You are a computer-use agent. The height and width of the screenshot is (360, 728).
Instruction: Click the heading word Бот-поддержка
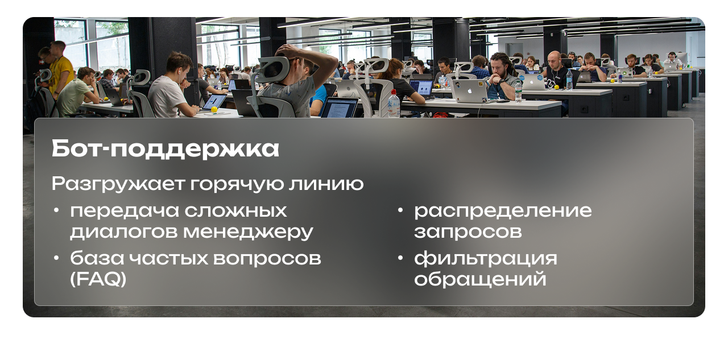coord(165,149)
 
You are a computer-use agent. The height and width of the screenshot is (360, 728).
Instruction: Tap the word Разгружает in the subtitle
coord(118,184)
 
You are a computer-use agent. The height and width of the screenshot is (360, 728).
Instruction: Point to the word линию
coord(326,184)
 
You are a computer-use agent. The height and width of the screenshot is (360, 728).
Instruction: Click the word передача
coord(125,212)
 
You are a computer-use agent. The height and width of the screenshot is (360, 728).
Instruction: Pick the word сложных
coord(236,210)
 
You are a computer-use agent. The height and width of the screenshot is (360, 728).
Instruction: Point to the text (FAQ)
coord(98,279)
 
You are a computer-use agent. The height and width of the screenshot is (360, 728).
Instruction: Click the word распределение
coord(503,212)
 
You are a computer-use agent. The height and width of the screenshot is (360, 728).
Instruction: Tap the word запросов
coord(468,232)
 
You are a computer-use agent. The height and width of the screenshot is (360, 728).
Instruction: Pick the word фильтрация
coord(486,259)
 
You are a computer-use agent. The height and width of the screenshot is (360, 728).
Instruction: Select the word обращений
coord(480,279)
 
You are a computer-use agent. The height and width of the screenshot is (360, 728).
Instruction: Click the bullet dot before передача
coord(56,210)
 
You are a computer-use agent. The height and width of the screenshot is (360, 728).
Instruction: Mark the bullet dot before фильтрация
coord(400,258)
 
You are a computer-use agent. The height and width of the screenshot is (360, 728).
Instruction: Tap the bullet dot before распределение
coord(400,210)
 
